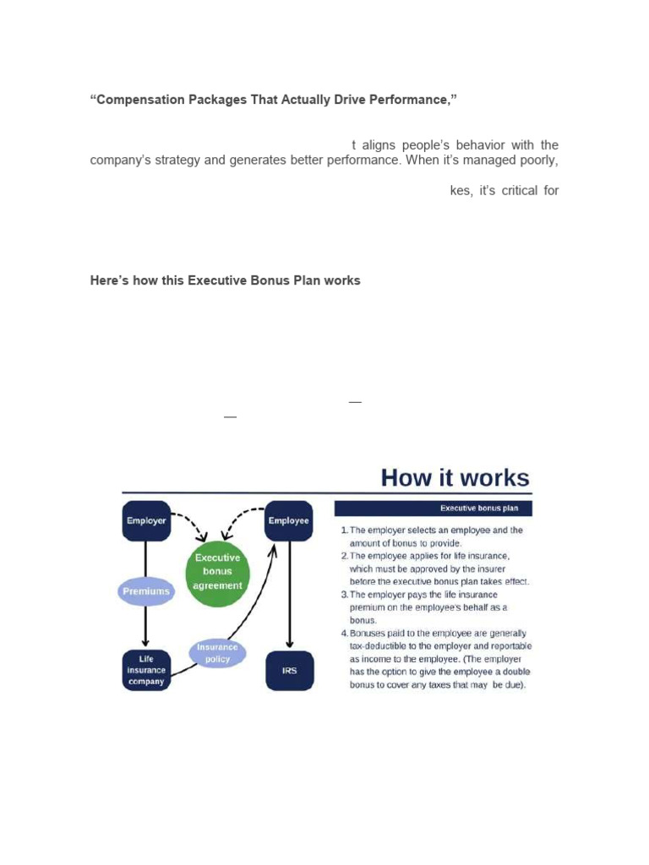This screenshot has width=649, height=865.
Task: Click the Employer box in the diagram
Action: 146,520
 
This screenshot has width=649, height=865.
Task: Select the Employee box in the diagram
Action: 288,520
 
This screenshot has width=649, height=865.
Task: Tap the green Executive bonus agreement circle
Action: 218,571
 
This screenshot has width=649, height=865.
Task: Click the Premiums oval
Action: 146,591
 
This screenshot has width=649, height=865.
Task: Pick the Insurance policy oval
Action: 217,653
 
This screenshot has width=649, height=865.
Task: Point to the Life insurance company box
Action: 146,670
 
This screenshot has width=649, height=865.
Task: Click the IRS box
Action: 289,671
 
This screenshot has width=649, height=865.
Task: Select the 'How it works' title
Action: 455,477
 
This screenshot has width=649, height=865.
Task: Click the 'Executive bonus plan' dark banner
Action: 434,509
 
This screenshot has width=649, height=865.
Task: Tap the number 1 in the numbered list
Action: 344,530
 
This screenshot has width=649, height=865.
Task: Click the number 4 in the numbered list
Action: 344,633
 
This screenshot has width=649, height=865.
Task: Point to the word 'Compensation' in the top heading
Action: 135,101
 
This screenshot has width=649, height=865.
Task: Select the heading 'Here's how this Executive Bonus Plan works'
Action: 225,280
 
